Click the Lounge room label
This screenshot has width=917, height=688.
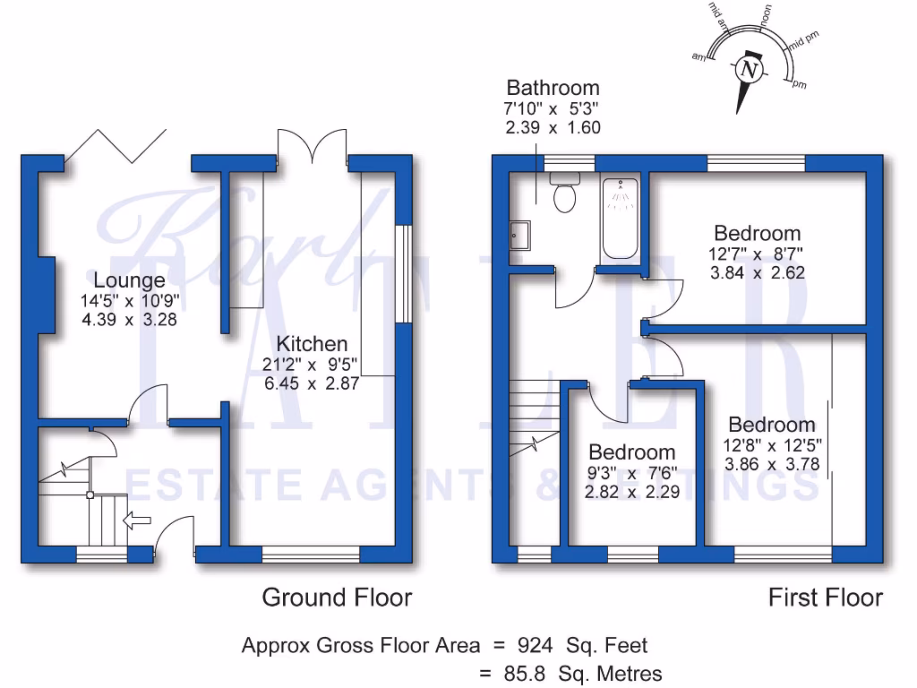[129, 280]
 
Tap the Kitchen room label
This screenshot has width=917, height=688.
[312, 344]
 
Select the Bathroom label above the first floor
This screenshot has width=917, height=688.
[553, 88]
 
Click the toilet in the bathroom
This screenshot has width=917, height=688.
[565, 196]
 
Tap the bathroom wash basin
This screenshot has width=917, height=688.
[520, 235]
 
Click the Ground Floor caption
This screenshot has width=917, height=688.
[337, 598]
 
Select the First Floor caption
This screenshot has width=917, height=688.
[825, 598]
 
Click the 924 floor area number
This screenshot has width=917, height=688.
[535, 645]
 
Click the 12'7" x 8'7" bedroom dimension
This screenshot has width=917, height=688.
[757, 254]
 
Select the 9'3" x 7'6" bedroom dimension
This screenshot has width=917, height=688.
[631, 473]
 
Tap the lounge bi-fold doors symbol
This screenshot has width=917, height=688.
[116, 144]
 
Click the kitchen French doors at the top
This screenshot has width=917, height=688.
[312, 146]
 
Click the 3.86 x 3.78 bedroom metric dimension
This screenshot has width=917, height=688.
[771, 464]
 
